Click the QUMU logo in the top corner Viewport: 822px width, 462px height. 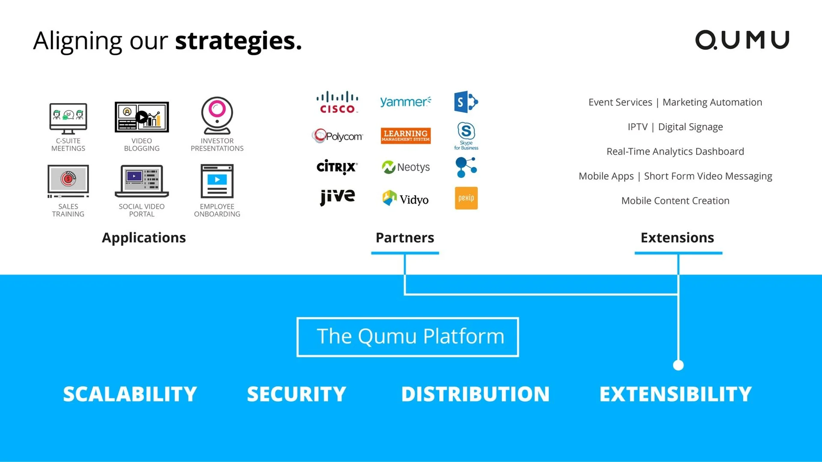click(742, 40)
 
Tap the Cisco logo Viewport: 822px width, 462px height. click(337, 102)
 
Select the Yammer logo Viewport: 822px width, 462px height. click(405, 102)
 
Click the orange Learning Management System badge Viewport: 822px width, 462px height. click(405, 136)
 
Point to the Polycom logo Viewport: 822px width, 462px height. click(337, 136)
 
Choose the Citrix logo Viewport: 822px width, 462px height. click(337, 167)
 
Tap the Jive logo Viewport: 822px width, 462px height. click(337, 197)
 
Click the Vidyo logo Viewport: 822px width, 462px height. click(405, 198)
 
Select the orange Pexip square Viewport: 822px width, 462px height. click(466, 198)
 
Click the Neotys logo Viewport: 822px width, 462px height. click(405, 167)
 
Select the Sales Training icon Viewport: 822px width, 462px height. click(68, 181)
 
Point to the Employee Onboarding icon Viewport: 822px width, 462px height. click(217, 181)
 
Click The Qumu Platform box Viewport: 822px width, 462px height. click(408, 337)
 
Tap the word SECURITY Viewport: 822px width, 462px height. click(296, 394)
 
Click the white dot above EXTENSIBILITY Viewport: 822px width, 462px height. click(678, 365)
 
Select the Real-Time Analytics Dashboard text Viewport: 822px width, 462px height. click(675, 151)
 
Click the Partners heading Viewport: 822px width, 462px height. click(405, 237)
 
